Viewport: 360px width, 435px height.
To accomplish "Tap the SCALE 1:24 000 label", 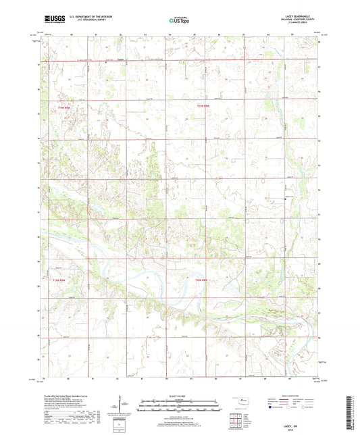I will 180,395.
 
